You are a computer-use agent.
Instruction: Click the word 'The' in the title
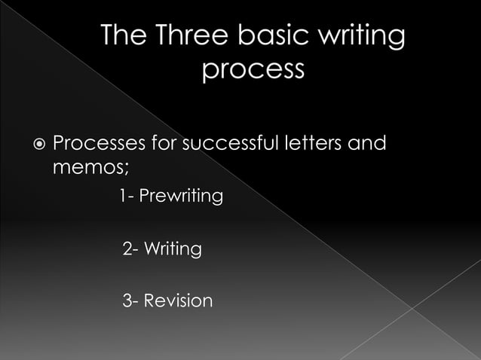(x=121, y=36)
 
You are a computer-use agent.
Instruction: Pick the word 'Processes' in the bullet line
(x=95, y=142)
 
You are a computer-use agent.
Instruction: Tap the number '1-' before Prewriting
(x=126, y=197)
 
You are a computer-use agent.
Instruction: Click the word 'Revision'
(x=178, y=301)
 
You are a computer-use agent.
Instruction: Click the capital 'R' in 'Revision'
(x=149, y=301)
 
